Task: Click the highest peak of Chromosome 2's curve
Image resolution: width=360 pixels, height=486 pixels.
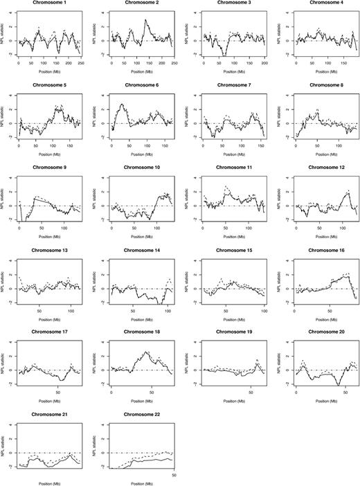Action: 145,21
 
